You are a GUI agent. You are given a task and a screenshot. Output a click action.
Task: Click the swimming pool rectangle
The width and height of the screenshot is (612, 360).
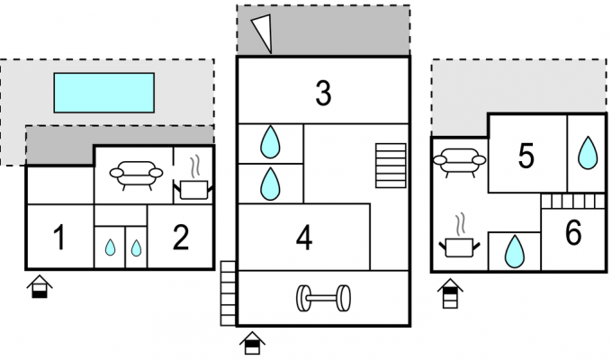click(103, 93)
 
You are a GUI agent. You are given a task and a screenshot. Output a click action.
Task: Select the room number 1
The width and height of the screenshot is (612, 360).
click(58, 237)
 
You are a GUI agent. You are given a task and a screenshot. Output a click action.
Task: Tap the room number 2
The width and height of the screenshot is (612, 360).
click(180, 237)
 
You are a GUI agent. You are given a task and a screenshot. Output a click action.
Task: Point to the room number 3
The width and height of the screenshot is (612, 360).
click(323, 93)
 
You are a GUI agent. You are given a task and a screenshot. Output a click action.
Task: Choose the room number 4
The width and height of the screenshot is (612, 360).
click(304, 237)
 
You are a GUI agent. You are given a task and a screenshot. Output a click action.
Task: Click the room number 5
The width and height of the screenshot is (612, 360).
click(526, 156)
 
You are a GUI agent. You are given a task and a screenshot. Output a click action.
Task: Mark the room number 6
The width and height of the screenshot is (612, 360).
click(573, 232)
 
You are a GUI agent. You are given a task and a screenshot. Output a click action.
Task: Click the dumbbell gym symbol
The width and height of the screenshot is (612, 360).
click(323, 298)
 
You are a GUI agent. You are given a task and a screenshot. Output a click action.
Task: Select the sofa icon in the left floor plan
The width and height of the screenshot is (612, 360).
click(136, 175)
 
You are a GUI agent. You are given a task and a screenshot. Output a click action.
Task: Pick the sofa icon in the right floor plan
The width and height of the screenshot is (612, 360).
click(459, 163)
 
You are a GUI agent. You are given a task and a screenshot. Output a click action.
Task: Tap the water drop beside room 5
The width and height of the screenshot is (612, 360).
click(588, 152)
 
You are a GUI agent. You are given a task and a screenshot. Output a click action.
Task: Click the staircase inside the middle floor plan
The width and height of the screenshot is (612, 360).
click(391, 166)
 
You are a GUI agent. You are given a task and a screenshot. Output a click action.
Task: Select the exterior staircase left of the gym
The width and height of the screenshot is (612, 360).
click(229, 293)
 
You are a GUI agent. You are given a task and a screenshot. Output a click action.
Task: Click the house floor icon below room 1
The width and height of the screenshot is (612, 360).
click(40, 286)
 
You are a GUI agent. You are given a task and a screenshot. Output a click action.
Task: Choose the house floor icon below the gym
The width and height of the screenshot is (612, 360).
click(252, 343)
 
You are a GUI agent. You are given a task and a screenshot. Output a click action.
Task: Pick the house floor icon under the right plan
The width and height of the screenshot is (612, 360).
click(450, 293)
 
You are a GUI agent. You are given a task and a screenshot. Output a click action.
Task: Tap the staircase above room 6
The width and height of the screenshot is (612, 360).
click(573, 202)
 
